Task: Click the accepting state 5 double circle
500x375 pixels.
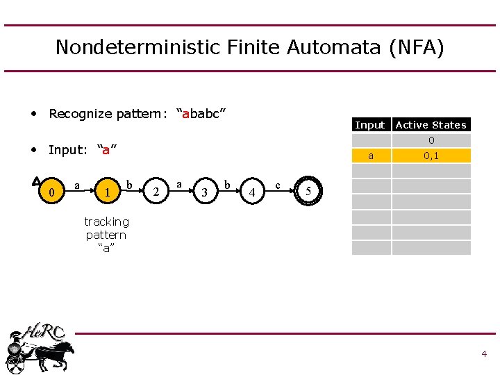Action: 308,191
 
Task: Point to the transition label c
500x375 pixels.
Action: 278,185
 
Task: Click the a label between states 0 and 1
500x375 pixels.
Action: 76,185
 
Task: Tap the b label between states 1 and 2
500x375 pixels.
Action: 129,185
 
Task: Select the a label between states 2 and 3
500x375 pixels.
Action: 178,184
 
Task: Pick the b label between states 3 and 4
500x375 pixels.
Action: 227,185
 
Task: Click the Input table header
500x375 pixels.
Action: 369,125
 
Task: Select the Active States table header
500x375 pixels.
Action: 431,125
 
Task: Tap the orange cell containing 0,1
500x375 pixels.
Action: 431,156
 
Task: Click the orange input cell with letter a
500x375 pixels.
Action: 371,156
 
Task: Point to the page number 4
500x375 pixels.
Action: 484,354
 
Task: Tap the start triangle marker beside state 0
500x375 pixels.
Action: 36,181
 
